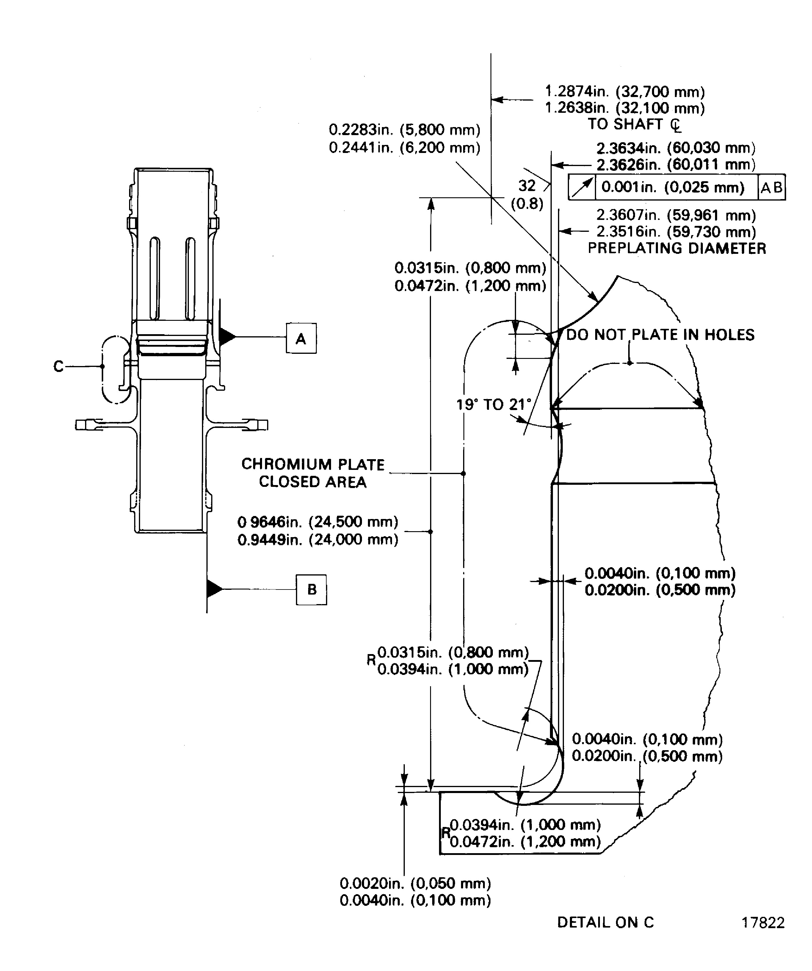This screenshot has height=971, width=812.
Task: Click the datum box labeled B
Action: point(311,589)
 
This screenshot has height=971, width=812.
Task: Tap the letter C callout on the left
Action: point(58,366)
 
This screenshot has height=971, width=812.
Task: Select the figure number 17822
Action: point(763,922)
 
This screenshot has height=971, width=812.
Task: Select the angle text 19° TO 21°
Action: point(493,405)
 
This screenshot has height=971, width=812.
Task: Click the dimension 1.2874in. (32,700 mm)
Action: point(625,92)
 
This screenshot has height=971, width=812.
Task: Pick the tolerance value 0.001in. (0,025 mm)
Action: point(673,187)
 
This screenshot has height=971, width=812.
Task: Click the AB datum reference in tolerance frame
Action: point(771,187)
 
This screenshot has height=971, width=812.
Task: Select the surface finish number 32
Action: point(527,185)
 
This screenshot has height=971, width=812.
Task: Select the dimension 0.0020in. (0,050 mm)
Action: point(415,883)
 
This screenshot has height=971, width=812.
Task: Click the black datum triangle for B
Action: point(214,589)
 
